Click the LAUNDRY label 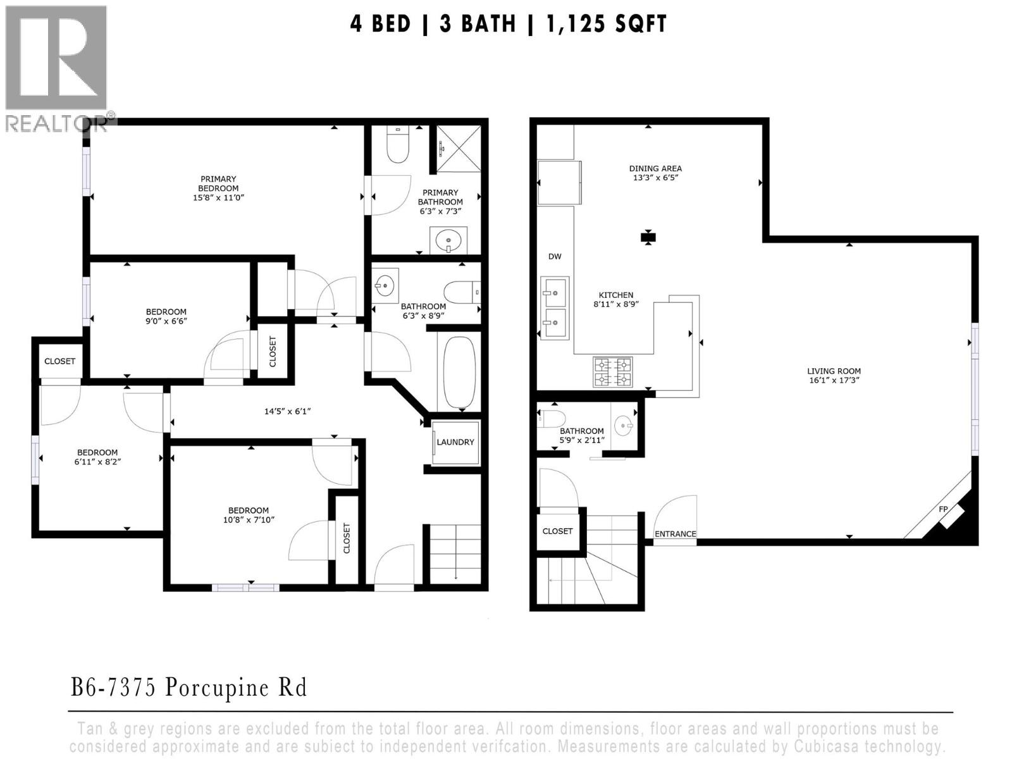coord(455,442)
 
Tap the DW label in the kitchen coord(555,256)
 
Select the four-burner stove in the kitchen coord(612,372)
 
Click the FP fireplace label coord(942,509)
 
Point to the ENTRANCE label coord(675,534)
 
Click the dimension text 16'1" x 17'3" coord(834,381)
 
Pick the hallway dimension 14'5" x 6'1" coord(287,411)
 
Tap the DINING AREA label coord(655,168)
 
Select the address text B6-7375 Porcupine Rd coord(188,688)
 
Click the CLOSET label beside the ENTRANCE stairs coord(557,531)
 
